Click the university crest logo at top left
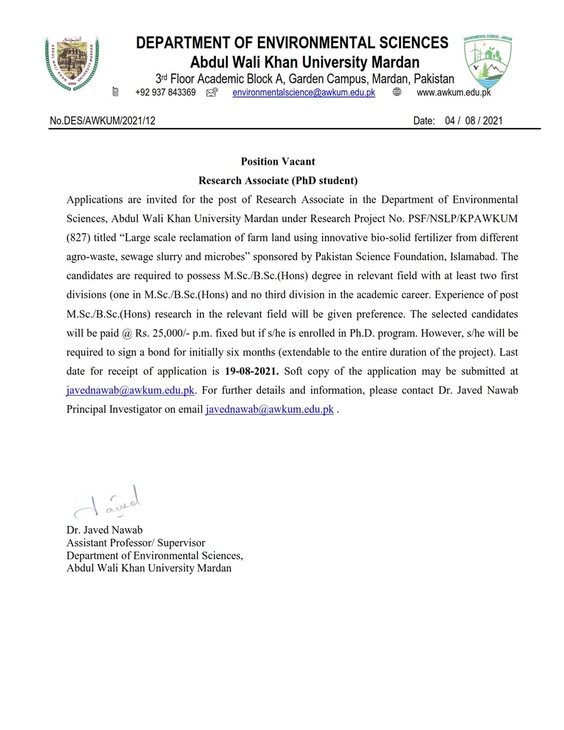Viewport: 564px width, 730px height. pyautogui.click(x=72, y=62)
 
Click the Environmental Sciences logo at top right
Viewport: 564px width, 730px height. pyautogui.click(x=487, y=62)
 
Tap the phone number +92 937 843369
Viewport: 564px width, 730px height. pyautogui.click(x=165, y=93)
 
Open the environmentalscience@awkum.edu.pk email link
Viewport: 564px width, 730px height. pyautogui.click(x=304, y=93)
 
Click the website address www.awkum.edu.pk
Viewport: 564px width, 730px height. pyautogui.click(x=454, y=93)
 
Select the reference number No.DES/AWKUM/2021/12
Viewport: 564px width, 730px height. pyautogui.click(x=103, y=121)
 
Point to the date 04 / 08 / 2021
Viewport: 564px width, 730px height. pyautogui.click(x=473, y=121)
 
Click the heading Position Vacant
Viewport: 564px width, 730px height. pyautogui.click(x=278, y=161)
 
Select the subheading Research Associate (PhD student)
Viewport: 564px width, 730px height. pyautogui.click(x=278, y=180)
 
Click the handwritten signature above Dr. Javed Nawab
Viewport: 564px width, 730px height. pyautogui.click(x=109, y=503)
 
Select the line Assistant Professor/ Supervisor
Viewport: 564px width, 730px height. pyautogui.click(x=136, y=543)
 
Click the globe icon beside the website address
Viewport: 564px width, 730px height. pyautogui.click(x=397, y=93)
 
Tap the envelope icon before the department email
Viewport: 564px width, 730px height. pyautogui.click(x=212, y=93)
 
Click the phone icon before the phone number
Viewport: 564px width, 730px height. pyautogui.click(x=116, y=92)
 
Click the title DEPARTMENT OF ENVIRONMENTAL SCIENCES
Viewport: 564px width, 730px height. pyautogui.click(x=292, y=43)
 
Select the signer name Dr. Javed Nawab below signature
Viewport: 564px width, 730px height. pyautogui.click(x=104, y=530)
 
